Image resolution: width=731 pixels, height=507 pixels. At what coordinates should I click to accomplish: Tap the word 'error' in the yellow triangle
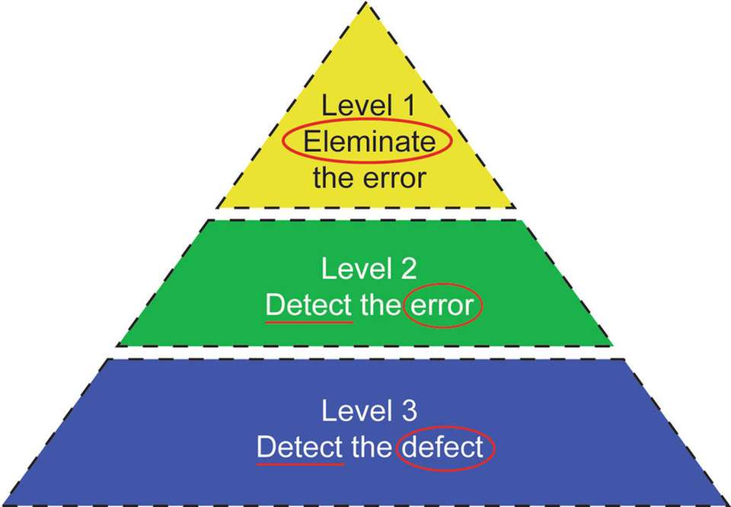click(394, 179)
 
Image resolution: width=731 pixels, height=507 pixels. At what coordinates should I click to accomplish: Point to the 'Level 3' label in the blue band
click(369, 411)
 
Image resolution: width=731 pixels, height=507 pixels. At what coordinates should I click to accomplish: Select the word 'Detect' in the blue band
click(299, 448)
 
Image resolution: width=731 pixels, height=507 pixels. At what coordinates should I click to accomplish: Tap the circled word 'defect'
click(444, 448)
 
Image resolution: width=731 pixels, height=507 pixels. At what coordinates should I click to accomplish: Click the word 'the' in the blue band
click(371, 448)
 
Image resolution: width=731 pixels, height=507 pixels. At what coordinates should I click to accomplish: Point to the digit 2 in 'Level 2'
click(409, 269)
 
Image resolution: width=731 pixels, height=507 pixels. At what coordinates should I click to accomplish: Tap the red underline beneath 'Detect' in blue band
click(299, 462)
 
